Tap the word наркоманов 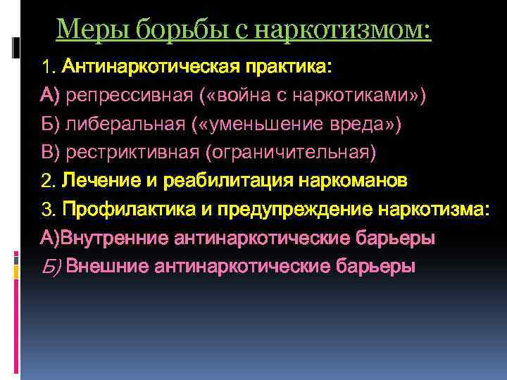[353, 181]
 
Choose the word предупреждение [296, 209]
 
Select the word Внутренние [113, 238]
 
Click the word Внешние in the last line [111, 266]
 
